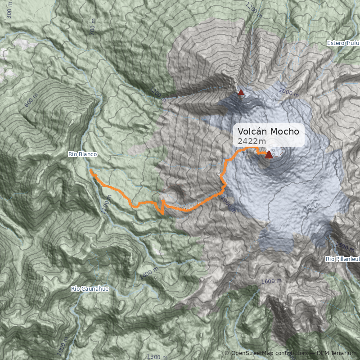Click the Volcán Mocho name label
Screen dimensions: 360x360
(268, 131)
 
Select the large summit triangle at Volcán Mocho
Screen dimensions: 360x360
(269, 155)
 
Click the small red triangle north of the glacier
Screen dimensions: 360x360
(241, 93)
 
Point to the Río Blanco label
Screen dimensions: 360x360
(82, 154)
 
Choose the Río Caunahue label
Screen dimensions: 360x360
(90, 288)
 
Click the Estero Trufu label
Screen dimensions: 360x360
(343, 43)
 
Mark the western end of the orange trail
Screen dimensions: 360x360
(90, 171)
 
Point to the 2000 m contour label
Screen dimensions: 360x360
(288, 93)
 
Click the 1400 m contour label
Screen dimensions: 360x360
(148, 273)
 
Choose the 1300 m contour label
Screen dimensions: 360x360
(157, 356)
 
